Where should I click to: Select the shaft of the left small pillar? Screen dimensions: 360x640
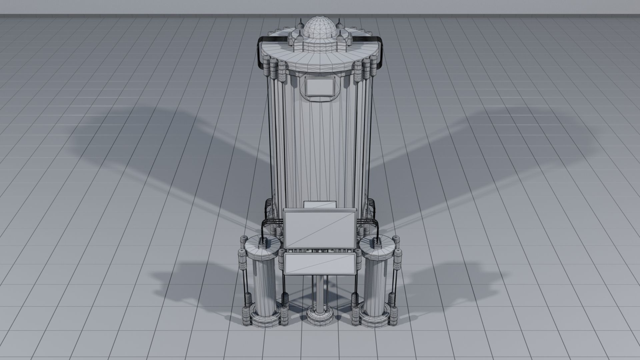tap(265, 283)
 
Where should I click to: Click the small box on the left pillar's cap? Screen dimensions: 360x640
tap(263, 239)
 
